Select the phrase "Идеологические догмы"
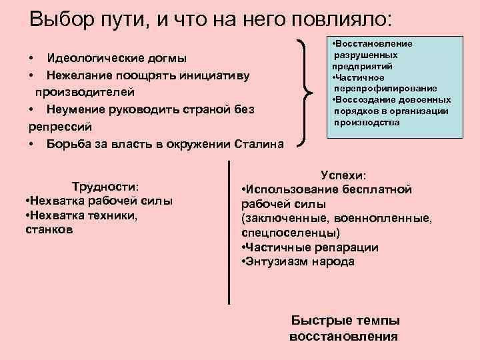coord(117,58)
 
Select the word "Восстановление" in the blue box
coord(374,43)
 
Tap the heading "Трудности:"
coord(109,186)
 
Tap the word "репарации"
coord(342,247)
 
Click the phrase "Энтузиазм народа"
coord(301,261)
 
